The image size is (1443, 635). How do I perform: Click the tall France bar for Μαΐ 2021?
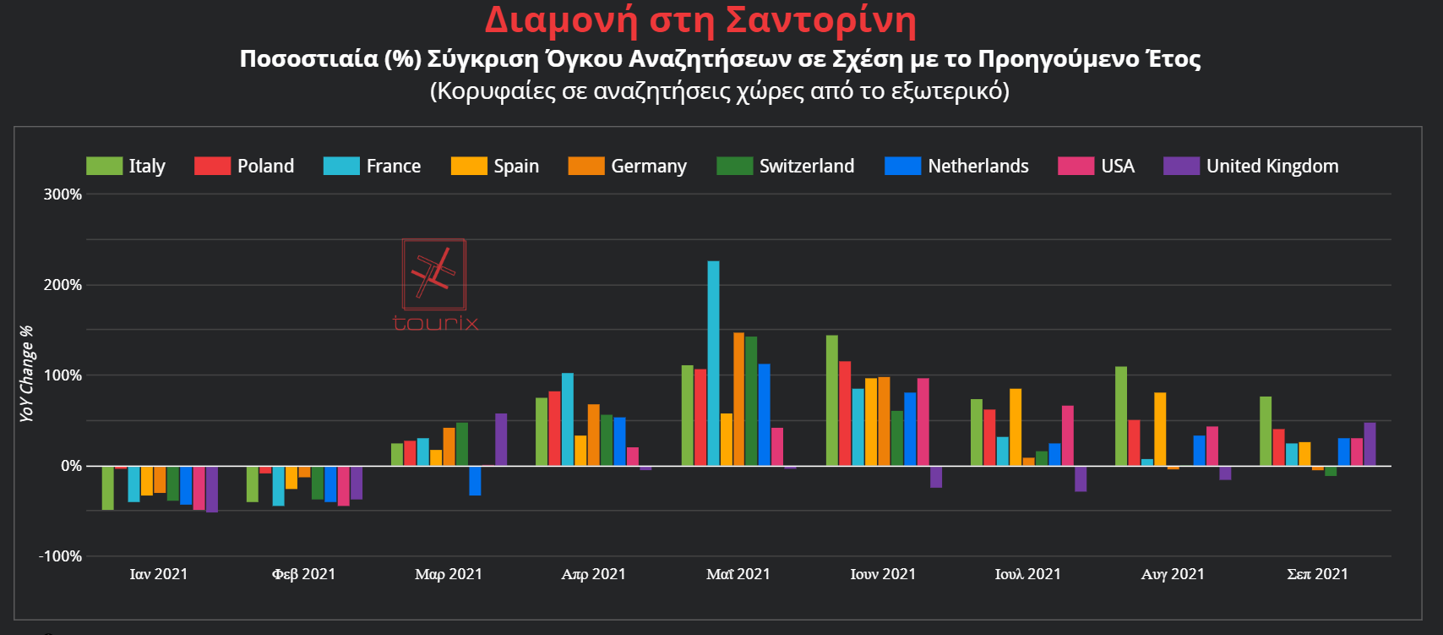pos(713,363)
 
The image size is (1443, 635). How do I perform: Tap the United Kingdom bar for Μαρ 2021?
pos(501,439)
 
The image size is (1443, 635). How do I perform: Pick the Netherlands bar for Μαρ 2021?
pos(475,480)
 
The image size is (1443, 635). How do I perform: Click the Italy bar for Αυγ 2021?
pos(1121,416)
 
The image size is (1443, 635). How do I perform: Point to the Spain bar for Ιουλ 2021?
pos(1016,427)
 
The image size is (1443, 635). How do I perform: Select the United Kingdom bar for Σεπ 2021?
pos(1369,444)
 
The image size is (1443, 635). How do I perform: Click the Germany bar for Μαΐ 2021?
pos(739,399)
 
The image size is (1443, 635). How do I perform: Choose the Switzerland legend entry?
pos(786,166)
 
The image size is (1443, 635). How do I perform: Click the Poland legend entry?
pos(245,166)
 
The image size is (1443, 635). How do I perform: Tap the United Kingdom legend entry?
pos(1251,166)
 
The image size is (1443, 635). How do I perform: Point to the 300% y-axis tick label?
pos(63,194)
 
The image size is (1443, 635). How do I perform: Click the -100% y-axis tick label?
pos(61,556)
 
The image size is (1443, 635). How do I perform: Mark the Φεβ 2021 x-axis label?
pos(303,574)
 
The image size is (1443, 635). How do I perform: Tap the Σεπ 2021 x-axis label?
pos(1317,574)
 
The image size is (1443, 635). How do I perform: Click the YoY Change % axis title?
pos(26,374)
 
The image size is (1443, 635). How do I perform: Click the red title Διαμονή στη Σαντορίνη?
pos(700,20)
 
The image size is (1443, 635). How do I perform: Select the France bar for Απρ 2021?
pos(568,419)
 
